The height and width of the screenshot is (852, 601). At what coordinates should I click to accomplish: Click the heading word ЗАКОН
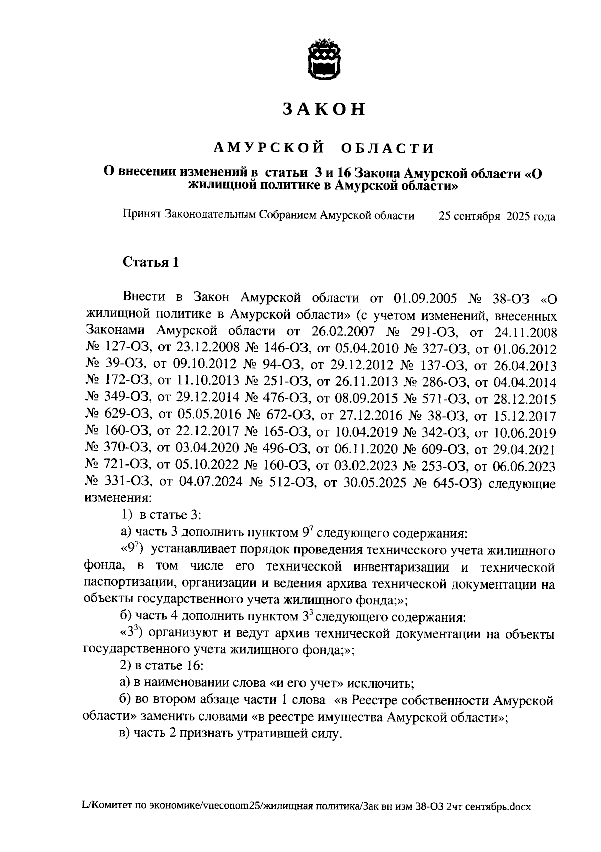coord(324,109)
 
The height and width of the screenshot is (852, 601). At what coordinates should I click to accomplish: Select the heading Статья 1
coord(150,262)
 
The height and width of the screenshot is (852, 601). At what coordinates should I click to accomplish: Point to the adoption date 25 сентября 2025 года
coord(497,216)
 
